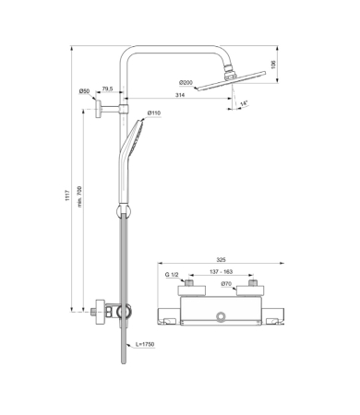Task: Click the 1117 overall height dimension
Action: coord(67,196)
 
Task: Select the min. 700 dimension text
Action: coord(79,196)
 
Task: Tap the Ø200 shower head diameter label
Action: coord(186,83)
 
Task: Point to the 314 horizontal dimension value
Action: coord(180,95)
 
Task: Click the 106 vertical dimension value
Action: coord(273,65)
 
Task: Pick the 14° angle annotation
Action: coord(244,103)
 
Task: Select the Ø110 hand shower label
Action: coord(154,113)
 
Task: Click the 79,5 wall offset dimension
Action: coord(107,89)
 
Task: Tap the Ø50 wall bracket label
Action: coord(84,91)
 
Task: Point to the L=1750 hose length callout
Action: coord(145,344)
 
